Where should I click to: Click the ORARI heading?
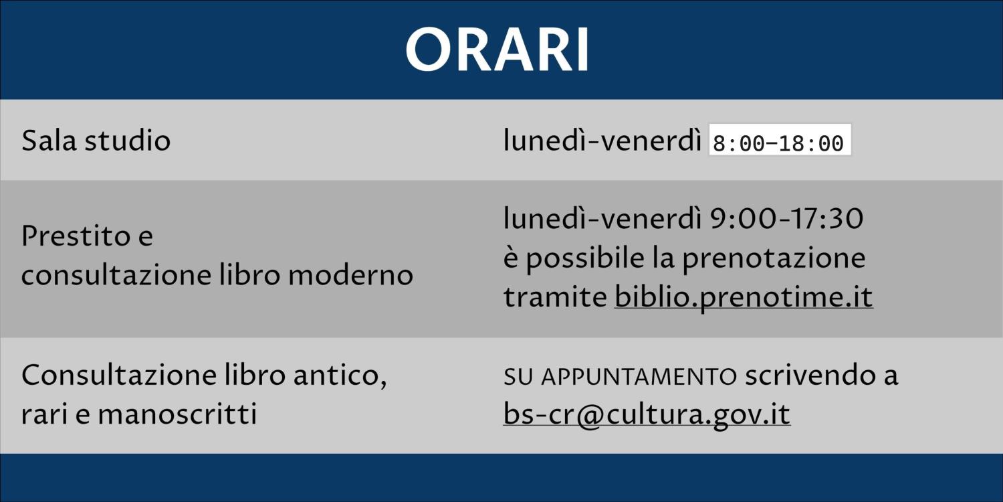click(x=497, y=50)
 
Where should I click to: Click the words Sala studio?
click(x=96, y=140)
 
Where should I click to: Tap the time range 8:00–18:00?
click(x=778, y=143)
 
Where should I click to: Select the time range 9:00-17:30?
click(x=787, y=219)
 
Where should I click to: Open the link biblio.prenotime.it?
click(x=744, y=297)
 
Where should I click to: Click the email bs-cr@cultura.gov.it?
click(x=647, y=414)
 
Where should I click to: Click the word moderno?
click(x=350, y=274)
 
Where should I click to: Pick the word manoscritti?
click(x=177, y=414)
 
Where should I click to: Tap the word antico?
click(x=340, y=375)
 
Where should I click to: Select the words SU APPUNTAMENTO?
click(x=620, y=376)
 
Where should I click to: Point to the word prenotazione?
click(x=774, y=258)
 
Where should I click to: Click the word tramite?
click(x=555, y=297)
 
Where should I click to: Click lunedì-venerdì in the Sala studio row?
click(x=602, y=140)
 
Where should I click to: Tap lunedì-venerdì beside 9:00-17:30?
click(x=602, y=219)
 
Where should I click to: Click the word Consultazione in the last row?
click(x=119, y=375)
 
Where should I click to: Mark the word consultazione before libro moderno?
click(x=116, y=274)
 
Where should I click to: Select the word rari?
click(x=44, y=414)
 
